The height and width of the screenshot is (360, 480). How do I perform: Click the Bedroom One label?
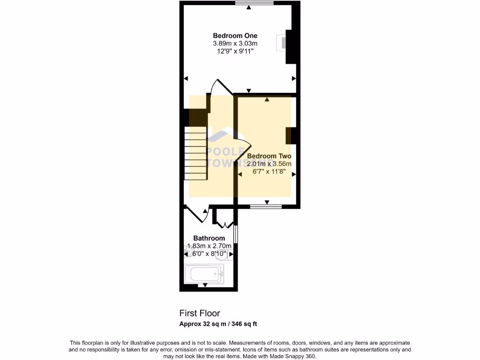tap(235, 36)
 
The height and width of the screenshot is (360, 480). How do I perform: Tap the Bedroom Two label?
tap(269, 156)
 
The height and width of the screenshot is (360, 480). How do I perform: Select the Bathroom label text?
tap(209, 238)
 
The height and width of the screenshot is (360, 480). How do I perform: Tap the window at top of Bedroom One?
tap(254, 3)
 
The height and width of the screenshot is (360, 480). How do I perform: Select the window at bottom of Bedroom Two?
tap(266, 206)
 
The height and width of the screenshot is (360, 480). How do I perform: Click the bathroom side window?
tap(236, 234)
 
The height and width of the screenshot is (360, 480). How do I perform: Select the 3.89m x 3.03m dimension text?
tap(235, 44)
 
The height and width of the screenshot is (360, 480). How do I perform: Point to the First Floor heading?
tap(200, 313)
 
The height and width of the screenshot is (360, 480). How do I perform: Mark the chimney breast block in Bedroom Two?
tap(291, 135)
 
